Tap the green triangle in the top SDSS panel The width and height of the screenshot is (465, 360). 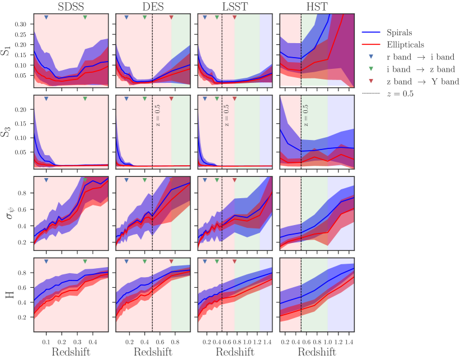[x=84, y=18]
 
